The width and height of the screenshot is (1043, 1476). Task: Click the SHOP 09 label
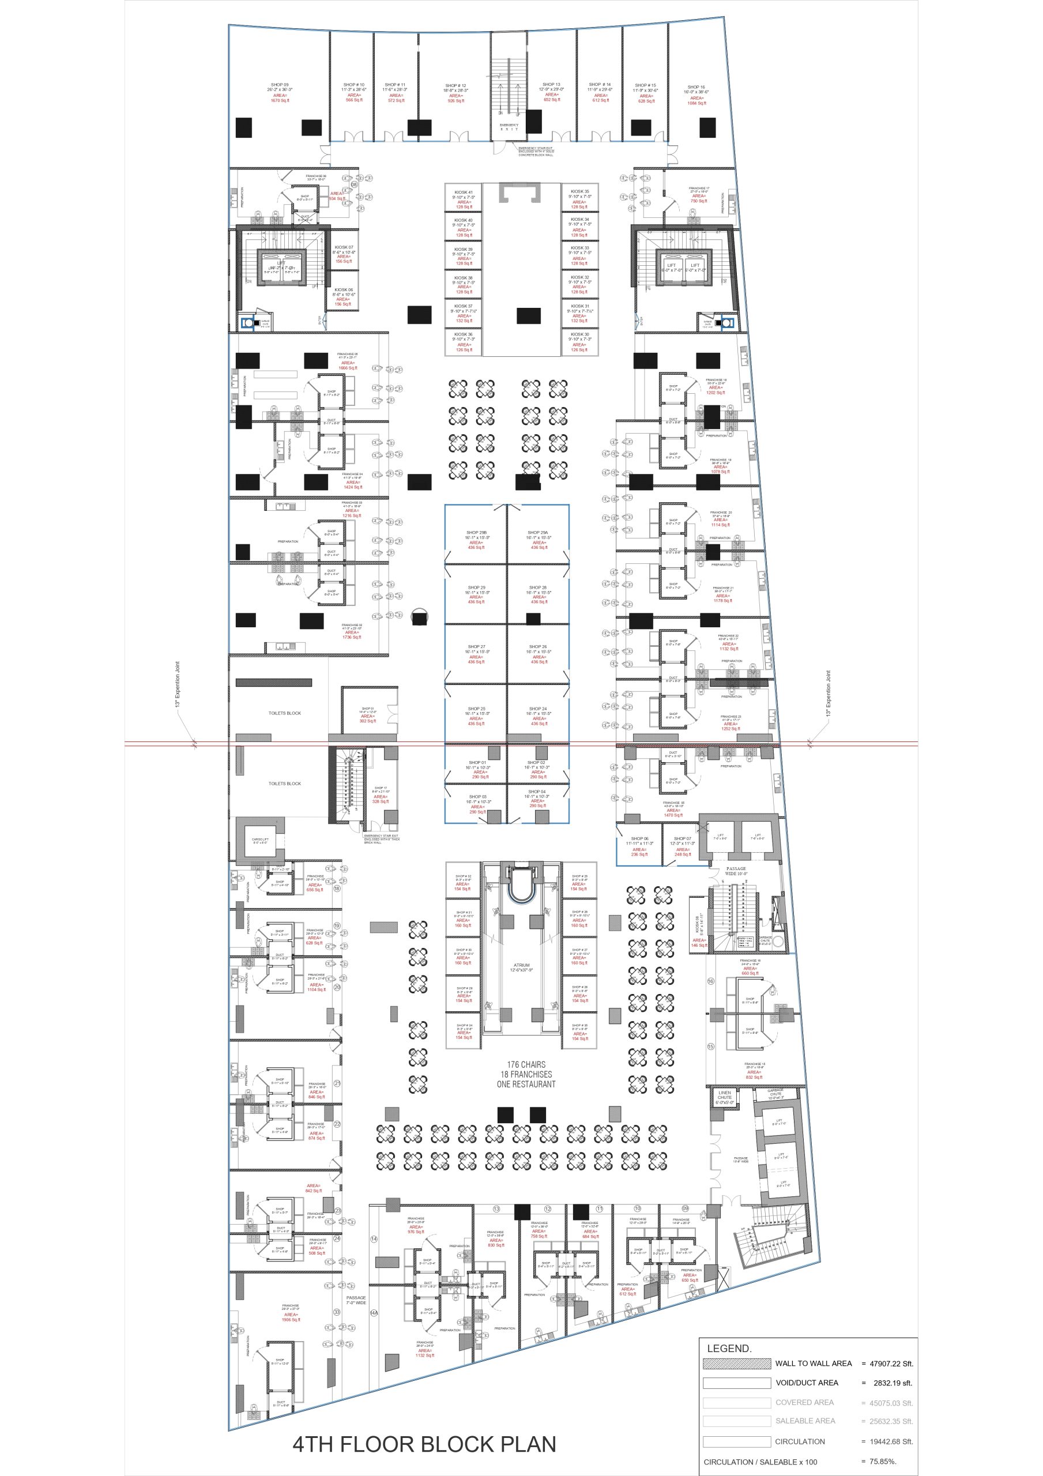click(280, 85)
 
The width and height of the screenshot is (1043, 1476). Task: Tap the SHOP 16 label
click(696, 87)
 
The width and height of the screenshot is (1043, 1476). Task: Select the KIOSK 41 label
click(463, 192)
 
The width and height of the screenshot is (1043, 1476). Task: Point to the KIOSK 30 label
click(579, 334)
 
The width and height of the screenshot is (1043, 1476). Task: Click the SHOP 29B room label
click(476, 532)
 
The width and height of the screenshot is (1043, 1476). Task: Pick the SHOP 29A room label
click(538, 532)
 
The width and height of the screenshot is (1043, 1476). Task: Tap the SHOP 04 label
click(537, 792)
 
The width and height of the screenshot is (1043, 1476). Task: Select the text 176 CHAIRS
click(526, 1064)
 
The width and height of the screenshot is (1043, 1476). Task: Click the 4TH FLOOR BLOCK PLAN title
click(424, 1444)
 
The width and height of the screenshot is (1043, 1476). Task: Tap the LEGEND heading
click(729, 1349)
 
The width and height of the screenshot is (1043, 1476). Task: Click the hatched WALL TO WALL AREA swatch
click(736, 1363)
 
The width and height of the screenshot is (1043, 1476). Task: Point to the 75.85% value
click(883, 1461)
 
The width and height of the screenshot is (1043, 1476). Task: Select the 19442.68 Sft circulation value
click(891, 1441)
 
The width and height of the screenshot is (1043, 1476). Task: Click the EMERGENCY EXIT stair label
click(509, 127)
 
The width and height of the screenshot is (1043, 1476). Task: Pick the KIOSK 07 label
click(344, 247)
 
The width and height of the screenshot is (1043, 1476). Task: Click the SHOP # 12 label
click(455, 85)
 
